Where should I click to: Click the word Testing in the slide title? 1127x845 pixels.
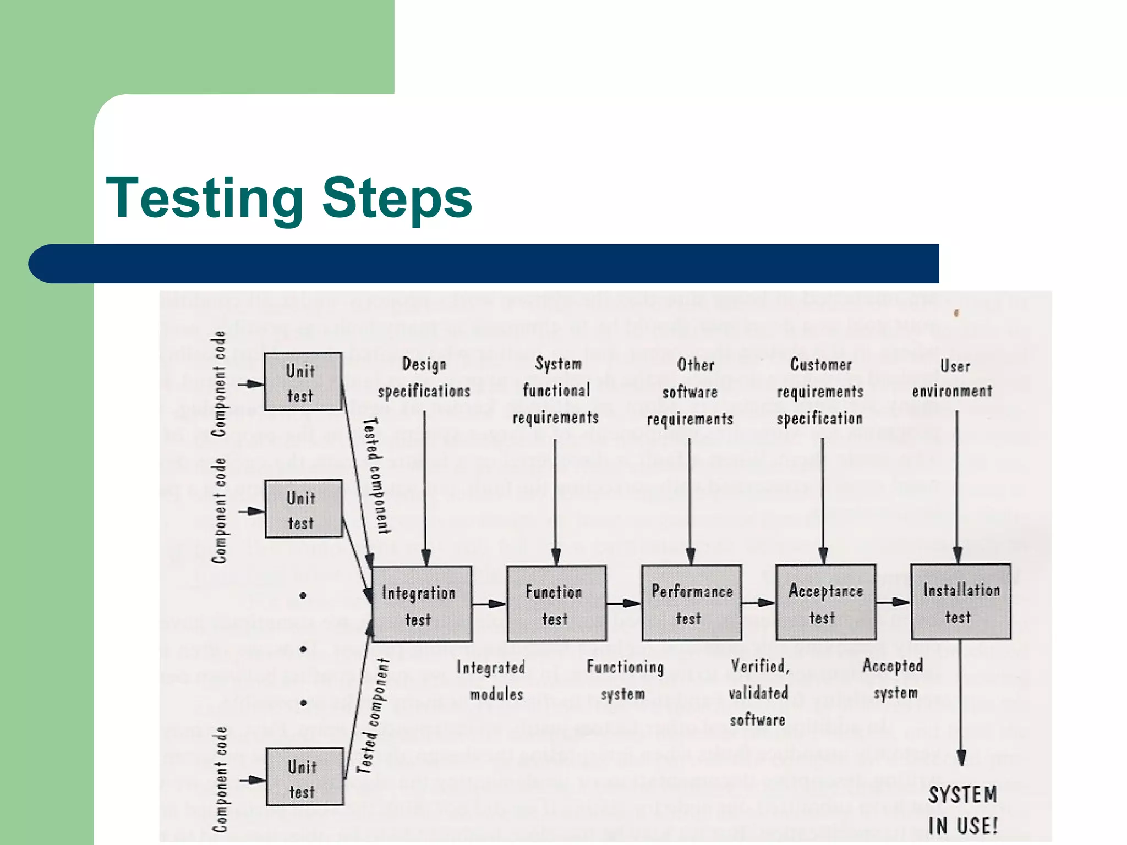click(204, 199)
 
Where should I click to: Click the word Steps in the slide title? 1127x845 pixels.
click(397, 199)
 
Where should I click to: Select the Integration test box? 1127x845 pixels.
click(422, 604)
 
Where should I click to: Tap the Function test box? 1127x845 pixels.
click(556, 603)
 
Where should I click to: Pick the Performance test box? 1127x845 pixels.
click(691, 603)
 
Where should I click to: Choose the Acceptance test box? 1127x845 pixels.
click(825, 602)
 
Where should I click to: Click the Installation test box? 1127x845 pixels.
click(961, 602)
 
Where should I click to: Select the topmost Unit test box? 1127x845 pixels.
click(303, 382)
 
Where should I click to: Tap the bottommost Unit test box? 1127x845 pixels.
click(305, 777)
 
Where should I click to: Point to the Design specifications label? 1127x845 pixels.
click(424, 377)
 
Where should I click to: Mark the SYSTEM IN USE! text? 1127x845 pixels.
click(963, 810)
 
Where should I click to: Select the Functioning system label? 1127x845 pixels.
click(625, 680)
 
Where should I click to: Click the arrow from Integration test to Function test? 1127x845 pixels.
click(489, 604)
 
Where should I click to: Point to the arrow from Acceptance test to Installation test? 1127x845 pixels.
click(893, 602)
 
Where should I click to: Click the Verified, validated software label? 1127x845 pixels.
click(759, 693)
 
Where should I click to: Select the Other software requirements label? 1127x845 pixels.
click(691, 392)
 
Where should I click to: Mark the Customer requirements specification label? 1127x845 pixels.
click(820, 391)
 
